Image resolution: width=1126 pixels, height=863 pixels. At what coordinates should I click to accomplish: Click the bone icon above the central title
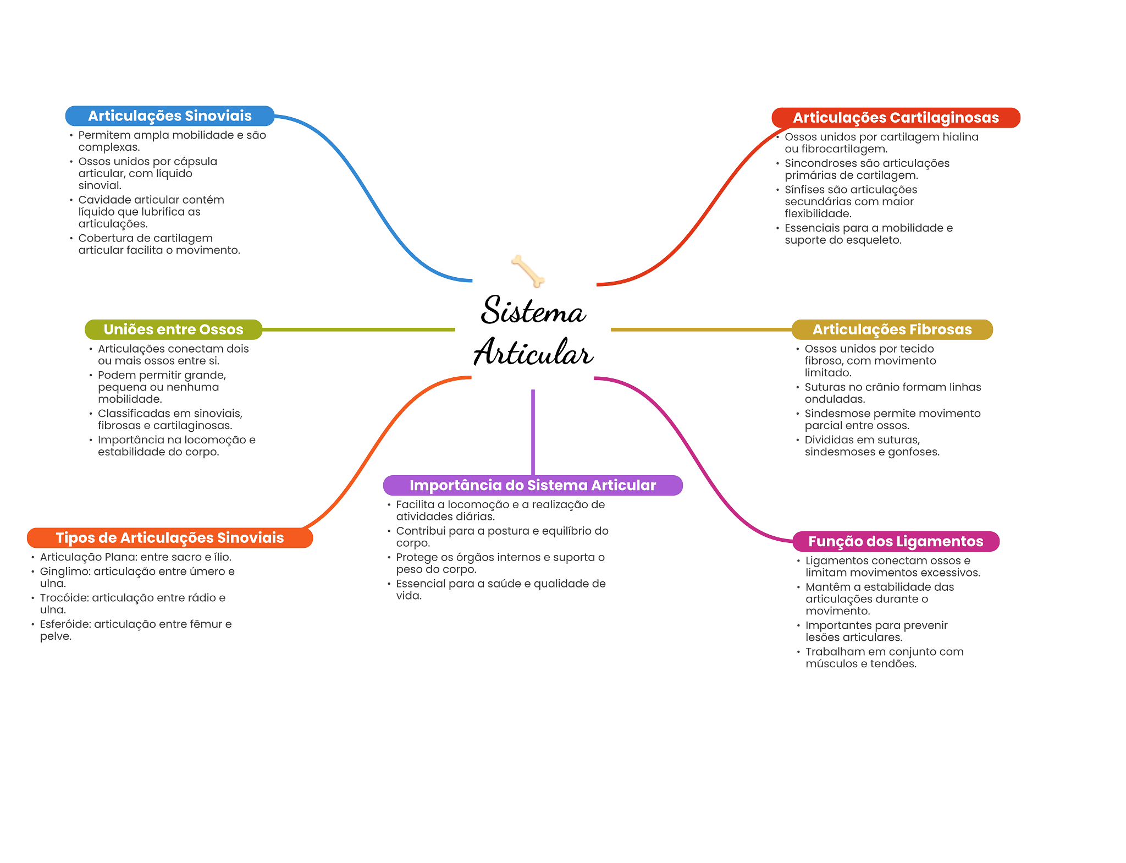point(528,271)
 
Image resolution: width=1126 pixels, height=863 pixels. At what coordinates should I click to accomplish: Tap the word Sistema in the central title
point(533,311)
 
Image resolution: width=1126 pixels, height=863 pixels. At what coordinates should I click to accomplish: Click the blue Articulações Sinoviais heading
point(169,116)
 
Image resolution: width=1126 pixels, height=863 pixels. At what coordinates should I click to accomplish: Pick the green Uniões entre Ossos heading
point(173,329)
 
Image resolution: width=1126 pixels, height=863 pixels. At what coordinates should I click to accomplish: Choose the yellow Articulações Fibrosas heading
point(892,329)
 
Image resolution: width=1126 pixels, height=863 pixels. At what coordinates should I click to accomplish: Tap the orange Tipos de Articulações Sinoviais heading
point(169,538)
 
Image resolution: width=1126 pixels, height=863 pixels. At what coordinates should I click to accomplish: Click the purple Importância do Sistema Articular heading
point(532,485)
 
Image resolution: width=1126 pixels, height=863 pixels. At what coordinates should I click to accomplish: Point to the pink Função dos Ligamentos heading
point(895,541)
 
